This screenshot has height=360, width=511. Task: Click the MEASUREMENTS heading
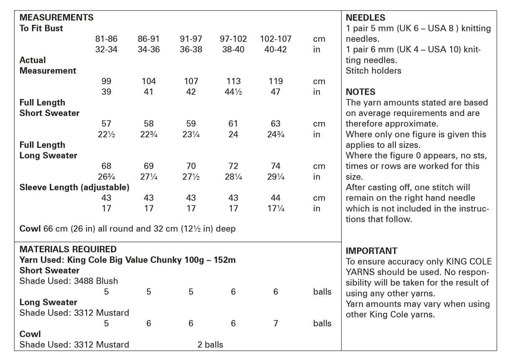(56, 17)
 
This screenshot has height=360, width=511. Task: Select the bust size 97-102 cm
(233, 39)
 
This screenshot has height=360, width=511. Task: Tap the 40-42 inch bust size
(275, 50)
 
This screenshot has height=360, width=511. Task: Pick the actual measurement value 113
(233, 81)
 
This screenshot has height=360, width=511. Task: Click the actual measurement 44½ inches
(233, 92)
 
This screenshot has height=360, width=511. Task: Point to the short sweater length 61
(233, 124)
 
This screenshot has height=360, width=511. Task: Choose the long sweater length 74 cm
(275, 166)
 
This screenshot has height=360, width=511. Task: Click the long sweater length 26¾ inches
(106, 177)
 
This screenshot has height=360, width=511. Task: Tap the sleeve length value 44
(275, 198)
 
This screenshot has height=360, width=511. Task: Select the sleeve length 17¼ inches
(276, 209)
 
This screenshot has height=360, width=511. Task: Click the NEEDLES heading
(365, 18)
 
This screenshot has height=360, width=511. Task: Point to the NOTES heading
(360, 92)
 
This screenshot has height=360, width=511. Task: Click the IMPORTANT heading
(371, 251)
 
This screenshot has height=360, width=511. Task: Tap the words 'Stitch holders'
(373, 71)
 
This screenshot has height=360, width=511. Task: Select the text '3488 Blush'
(96, 281)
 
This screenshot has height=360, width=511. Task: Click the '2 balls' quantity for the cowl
(210, 345)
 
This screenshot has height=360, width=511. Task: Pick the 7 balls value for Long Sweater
(275, 324)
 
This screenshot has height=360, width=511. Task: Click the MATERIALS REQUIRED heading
(68, 249)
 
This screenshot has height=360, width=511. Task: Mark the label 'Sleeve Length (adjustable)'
(74, 187)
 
